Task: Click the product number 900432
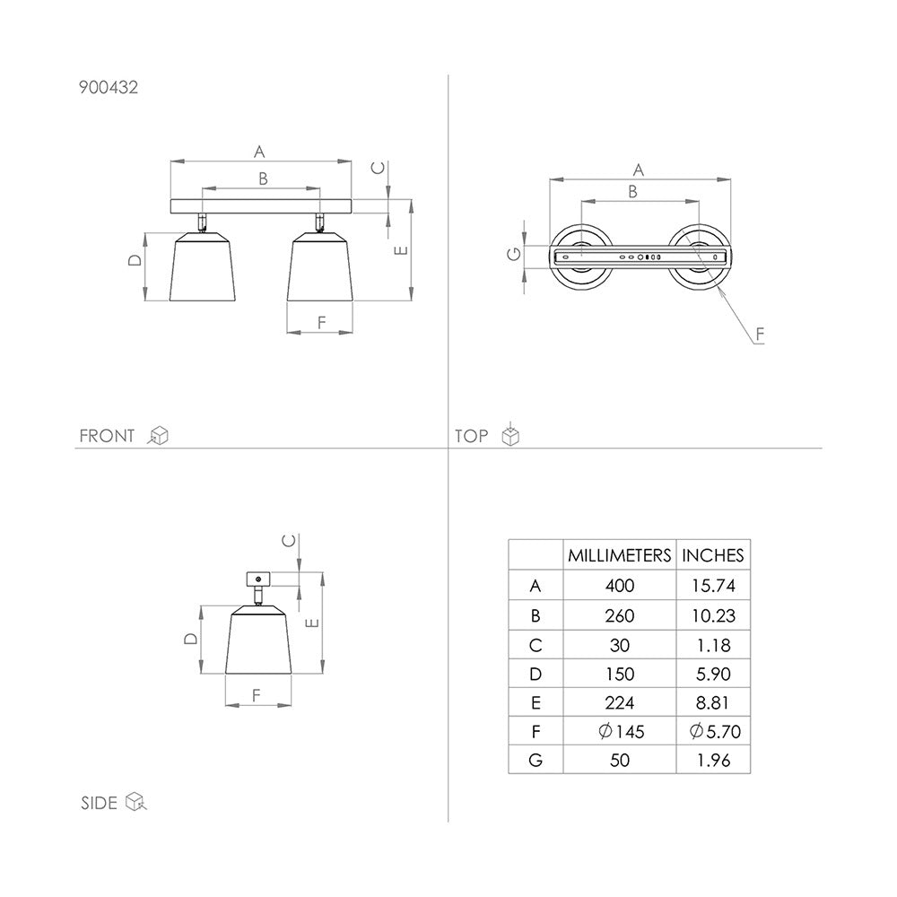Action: (x=109, y=87)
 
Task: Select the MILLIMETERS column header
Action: (x=619, y=555)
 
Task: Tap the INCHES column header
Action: (x=713, y=555)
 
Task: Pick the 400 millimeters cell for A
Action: (x=620, y=585)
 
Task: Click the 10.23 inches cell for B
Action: (x=713, y=615)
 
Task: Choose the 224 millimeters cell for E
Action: (x=620, y=702)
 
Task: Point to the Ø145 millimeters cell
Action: (x=622, y=731)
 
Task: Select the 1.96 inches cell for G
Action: (x=713, y=761)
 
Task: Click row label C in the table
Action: (x=536, y=645)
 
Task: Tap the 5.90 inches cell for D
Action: (x=713, y=674)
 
